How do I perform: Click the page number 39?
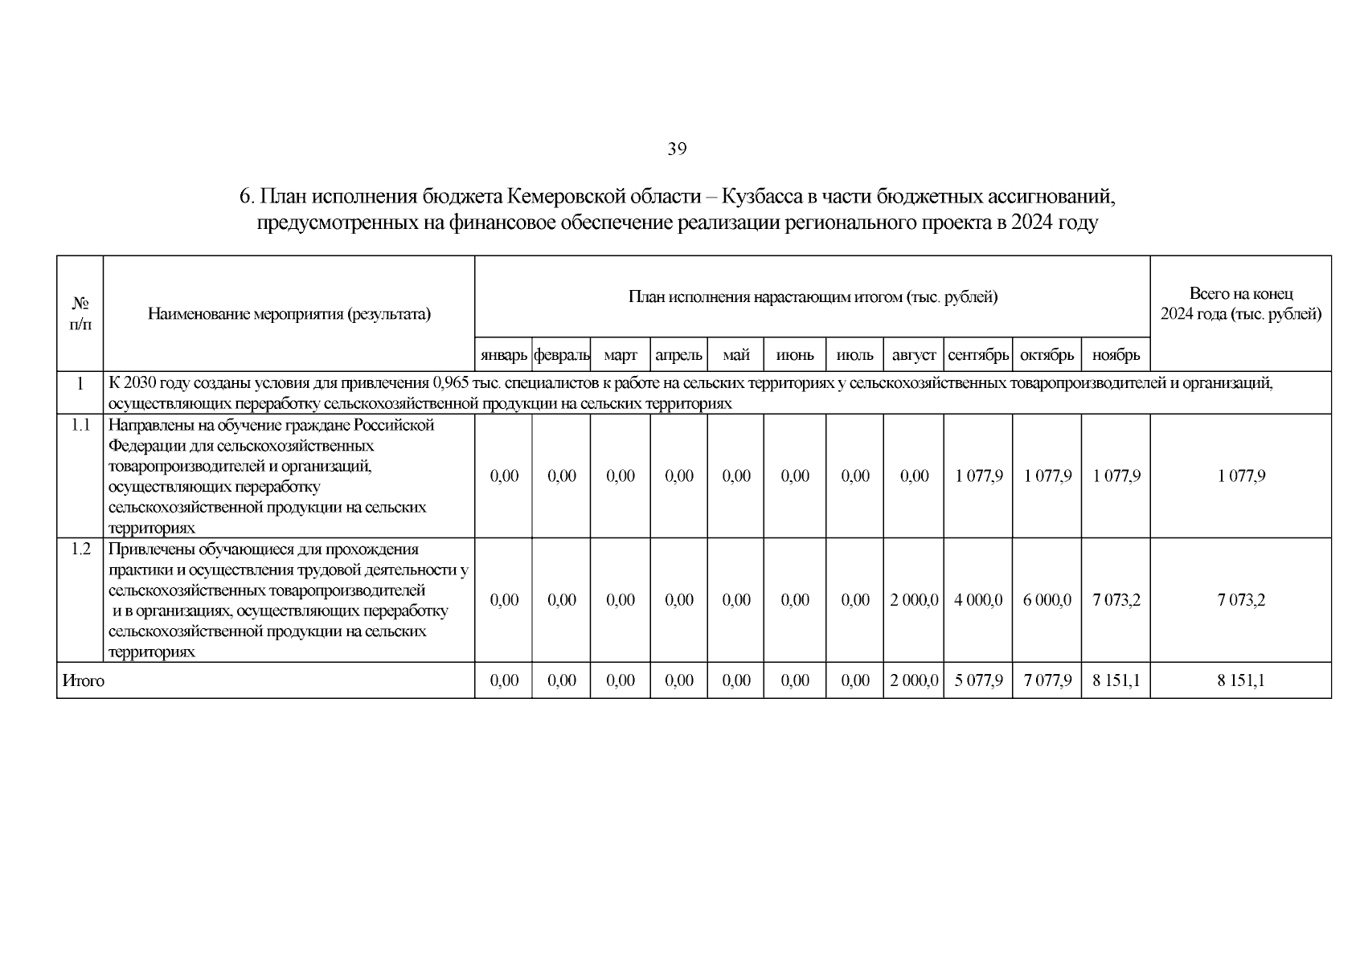tap(676, 149)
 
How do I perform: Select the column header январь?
tap(503, 354)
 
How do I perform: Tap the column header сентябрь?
tap(978, 354)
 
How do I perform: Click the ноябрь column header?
tap(1116, 354)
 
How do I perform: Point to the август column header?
tap(914, 354)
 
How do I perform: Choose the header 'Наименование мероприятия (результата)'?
tap(289, 314)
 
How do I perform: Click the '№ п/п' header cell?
tap(80, 314)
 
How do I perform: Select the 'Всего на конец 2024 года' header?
tap(1240, 304)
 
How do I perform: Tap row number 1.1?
tap(80, 425)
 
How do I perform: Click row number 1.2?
tap(80, 549)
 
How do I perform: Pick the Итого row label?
tap(84, 681)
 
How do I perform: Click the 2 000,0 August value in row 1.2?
tap(914, 600)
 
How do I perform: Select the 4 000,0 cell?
tap(978, 600)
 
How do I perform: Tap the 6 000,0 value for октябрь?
tap(1047, 600)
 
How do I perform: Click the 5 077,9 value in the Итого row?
tap(978, 681)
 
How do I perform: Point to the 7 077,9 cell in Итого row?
tap(1047, 681)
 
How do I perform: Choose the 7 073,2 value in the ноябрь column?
tap(1116, 600)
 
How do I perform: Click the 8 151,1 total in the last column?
tap(1240, 681)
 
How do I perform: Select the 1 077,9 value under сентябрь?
tap(978, 476)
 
